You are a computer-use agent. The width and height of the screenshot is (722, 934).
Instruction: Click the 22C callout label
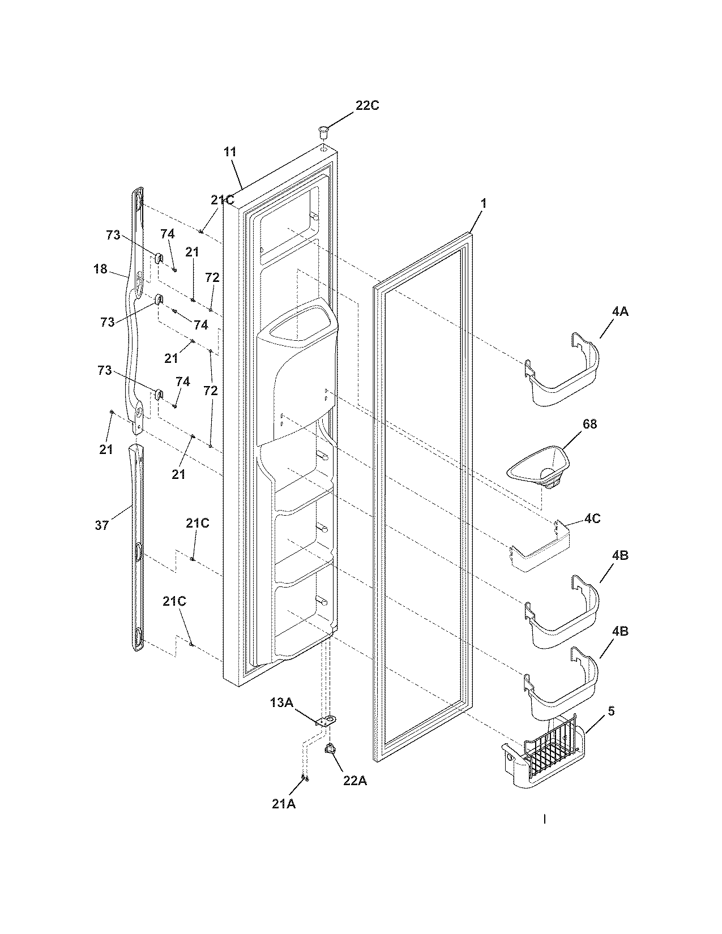click(x=367, y=105)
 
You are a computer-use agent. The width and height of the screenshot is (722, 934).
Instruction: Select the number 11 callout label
click(x=230, y=152)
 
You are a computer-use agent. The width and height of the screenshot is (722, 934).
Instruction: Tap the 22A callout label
click(x=354, y=781)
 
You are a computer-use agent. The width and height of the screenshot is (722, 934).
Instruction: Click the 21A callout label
click(x=283, y=803)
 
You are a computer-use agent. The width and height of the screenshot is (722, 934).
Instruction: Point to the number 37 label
click(x=101, y=526)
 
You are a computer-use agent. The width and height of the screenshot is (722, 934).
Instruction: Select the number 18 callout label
click(x=100, y=269)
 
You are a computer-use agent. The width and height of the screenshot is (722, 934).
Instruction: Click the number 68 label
click(x=589, y=424)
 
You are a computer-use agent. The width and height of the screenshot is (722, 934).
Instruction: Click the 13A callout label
click(x=281, y=702)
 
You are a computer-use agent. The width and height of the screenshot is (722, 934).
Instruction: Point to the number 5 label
click(x=611, y=711)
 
